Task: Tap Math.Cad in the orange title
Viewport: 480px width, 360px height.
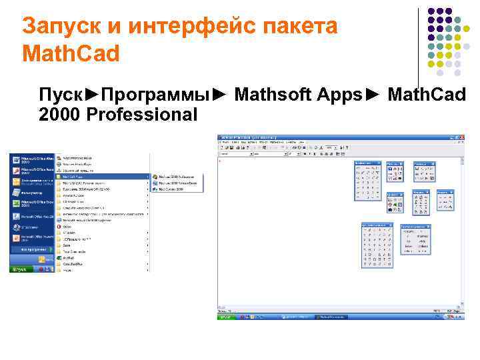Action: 71,53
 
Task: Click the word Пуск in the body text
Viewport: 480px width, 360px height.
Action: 61,95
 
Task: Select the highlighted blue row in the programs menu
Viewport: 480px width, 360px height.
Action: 103,177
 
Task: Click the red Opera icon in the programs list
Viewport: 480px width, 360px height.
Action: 59,225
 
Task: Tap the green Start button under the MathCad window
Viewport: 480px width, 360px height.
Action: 227,317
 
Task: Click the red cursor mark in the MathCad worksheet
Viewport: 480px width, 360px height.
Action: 221,159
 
